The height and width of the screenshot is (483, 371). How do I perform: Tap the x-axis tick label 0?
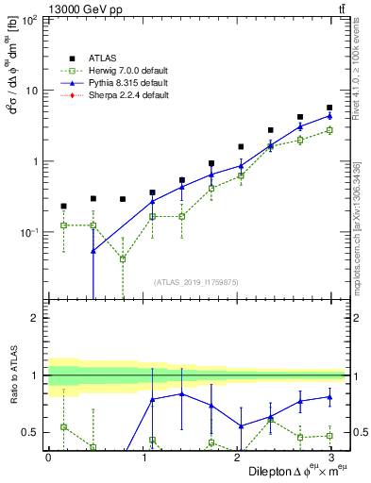point(48,458)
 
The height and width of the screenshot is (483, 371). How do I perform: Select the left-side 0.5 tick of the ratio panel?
point(30,433)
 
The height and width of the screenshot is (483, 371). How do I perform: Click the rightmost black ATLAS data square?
point(329,108)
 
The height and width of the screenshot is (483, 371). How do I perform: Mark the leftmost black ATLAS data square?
point(63,206)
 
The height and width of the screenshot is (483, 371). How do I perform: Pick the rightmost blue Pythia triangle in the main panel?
point(329,116)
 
